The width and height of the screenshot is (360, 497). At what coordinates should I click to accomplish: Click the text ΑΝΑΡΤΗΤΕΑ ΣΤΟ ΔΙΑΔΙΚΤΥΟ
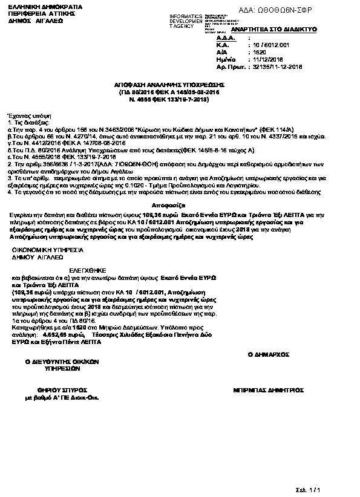[255, 29]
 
